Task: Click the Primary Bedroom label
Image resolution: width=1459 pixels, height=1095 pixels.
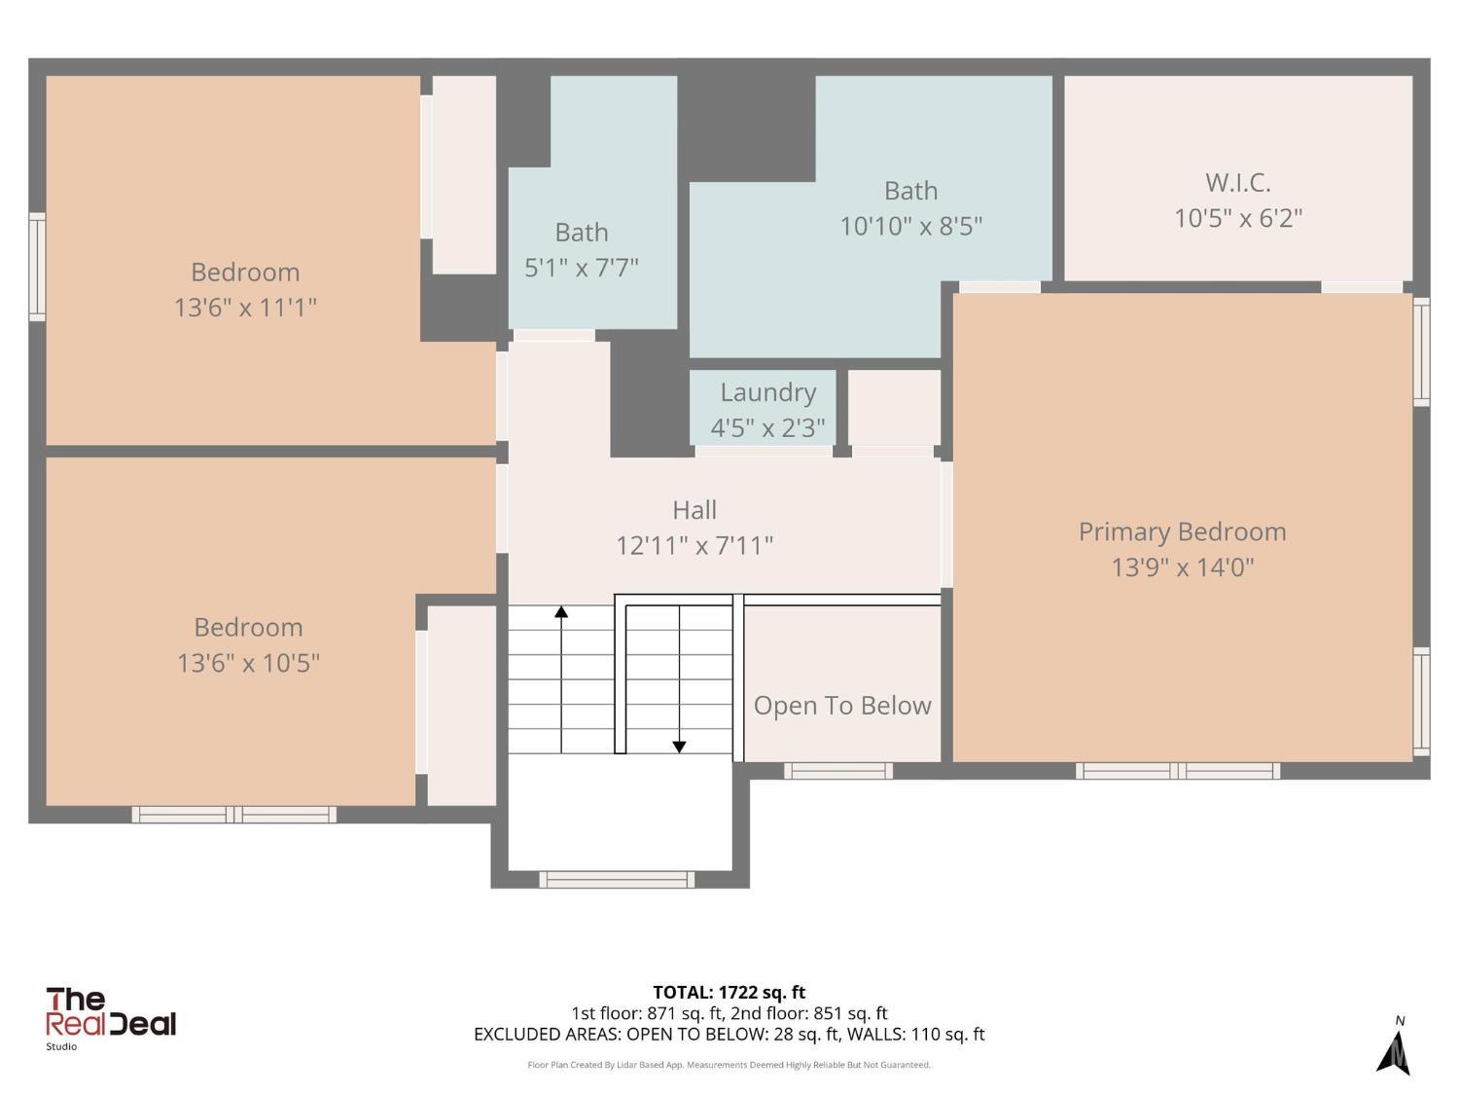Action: point(1182,531)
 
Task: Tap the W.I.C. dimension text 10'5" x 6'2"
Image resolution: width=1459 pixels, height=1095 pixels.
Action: point(1237,218)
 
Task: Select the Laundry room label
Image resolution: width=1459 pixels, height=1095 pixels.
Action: point(767,392)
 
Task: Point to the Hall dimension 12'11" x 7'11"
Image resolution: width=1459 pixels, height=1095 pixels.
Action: point(694,545)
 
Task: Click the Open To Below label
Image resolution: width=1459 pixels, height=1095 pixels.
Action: point(842,706)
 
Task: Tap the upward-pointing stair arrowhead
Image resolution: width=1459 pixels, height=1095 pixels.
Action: point(561,611)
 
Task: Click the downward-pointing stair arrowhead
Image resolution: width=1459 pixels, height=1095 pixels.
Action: point(679,748)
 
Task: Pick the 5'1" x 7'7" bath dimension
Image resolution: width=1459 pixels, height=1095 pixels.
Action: point(581,268)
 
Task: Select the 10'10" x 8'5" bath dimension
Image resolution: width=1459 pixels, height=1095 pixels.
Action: point(910,226)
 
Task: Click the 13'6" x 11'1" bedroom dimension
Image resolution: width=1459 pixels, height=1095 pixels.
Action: point(245,308)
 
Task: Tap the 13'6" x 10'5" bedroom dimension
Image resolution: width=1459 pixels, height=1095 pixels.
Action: point(248,663)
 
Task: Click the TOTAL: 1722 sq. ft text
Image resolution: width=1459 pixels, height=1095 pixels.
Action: point(729,992)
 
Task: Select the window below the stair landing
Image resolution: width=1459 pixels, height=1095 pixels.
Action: point(617,880)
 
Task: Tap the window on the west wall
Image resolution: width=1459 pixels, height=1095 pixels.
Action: point(37,267)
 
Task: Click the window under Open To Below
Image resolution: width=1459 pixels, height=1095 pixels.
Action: point(838,771)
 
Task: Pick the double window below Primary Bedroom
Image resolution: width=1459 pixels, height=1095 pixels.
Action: point(1178,771)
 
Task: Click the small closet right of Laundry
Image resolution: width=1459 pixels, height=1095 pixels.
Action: point(894,408)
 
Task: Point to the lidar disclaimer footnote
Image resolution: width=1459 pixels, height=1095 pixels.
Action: point(729,1065)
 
